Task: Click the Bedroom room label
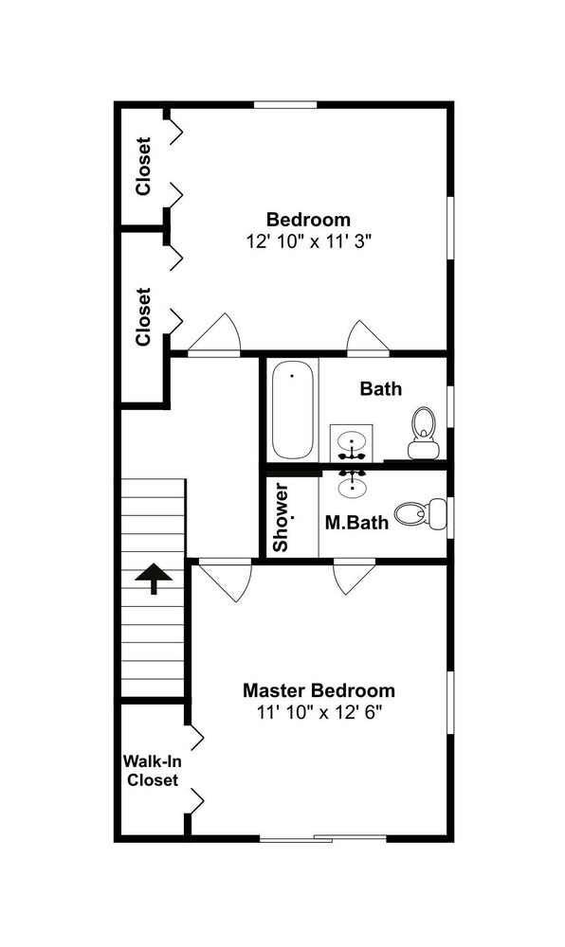[308, 219]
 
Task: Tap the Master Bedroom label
[319, 689]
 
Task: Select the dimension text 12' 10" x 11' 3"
[308, 241]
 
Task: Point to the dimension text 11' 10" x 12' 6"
[320, 713]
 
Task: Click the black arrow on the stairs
[154, 578]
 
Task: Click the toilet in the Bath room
[424, 433]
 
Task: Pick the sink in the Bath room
[352, 441]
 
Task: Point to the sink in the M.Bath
[352, 483]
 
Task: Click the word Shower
[281, 517]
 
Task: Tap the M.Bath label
[357, 522]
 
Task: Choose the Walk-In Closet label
[153, 770]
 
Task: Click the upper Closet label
[143, 167]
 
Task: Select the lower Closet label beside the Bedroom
[143, 316]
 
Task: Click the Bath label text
[381, 388]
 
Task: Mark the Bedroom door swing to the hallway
[214, 333]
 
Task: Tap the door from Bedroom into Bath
[368, 336]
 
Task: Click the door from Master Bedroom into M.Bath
[355, 579]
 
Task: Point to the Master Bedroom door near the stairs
[226, 582]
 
